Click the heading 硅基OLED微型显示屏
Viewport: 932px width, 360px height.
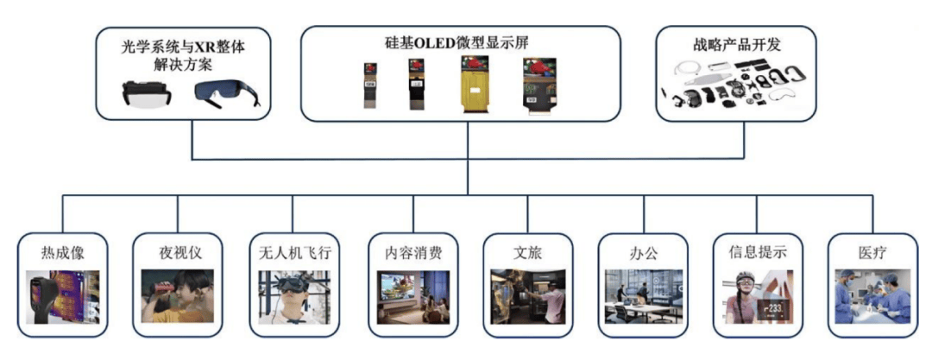tap(460, 42)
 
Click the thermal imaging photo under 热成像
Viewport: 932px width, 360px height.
tap(63, 297)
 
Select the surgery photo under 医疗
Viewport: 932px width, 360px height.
tap(872, 297)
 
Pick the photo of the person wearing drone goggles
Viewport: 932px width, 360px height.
tap(294, 297)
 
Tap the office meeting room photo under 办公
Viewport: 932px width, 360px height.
tap(644, 297)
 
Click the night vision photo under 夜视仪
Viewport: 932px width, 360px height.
tap(179, 297)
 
